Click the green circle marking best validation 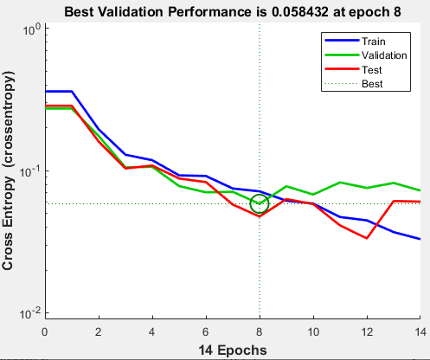pos(260,204)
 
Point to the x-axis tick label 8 pos(260,330)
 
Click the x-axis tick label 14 pos(420,330)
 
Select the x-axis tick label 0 pos(45,330)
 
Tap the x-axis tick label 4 pos(152,330)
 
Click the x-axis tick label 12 pos(367,330)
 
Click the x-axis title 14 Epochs pos(232,349)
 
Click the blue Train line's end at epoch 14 pos(420,239)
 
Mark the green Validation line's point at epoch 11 pos(340,183)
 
